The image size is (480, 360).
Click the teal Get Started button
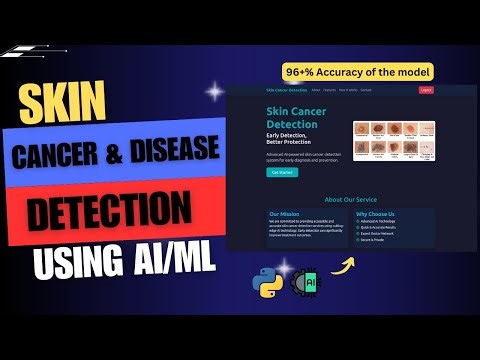click(282, 172)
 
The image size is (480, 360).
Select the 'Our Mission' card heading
click(285, 213)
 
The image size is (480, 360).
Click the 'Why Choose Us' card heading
click(375, 213)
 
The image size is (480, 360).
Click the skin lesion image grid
click(393, 140)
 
